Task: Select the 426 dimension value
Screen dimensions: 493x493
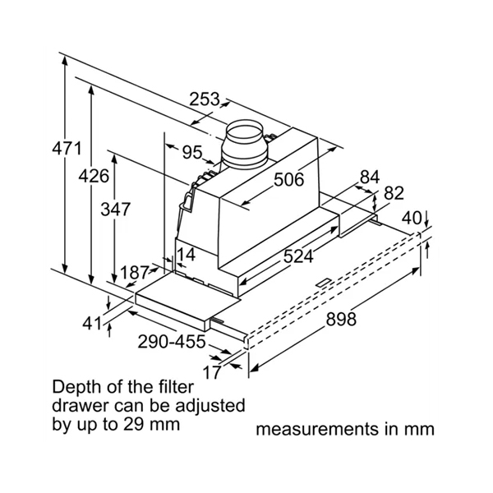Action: click(94, 176)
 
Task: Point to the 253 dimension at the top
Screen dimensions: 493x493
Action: click(205, 99)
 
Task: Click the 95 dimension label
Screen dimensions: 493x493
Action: click(191, 152)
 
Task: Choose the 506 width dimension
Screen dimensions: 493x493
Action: click(288, 179)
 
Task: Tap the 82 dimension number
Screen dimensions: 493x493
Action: click(394, 194)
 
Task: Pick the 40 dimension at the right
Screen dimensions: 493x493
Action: click(412, 219)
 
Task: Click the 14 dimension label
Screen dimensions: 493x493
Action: click(187, 256)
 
